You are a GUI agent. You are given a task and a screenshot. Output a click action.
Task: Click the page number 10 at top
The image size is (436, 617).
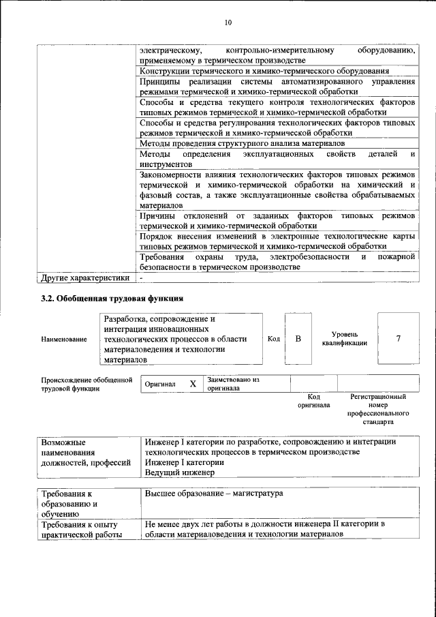coord(228,22)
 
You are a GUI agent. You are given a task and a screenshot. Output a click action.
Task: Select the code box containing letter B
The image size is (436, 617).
coord(298,339)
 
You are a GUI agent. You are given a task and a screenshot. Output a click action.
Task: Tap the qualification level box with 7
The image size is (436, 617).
coord(398,339)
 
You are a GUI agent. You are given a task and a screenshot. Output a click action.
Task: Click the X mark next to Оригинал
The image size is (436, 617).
coord(193,384)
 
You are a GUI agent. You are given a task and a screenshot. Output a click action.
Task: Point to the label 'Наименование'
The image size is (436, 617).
coord(64,339)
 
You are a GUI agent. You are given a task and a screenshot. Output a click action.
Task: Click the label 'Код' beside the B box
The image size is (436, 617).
coord(273,339)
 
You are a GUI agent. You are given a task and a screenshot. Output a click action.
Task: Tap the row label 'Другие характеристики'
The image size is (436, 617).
coord(84,278)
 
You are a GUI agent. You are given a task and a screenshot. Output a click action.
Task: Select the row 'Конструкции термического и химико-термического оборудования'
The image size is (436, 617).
coord(264,71)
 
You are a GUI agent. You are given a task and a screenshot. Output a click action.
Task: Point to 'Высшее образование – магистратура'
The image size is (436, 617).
coord(215,493)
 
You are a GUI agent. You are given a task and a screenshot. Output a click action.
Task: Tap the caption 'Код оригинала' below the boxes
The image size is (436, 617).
coord(313,401)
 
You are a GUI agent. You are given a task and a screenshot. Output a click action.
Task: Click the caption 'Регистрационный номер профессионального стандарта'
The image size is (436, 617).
coord(377,409)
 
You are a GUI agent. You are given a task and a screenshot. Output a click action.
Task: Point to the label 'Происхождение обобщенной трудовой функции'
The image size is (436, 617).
coord(86,384)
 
